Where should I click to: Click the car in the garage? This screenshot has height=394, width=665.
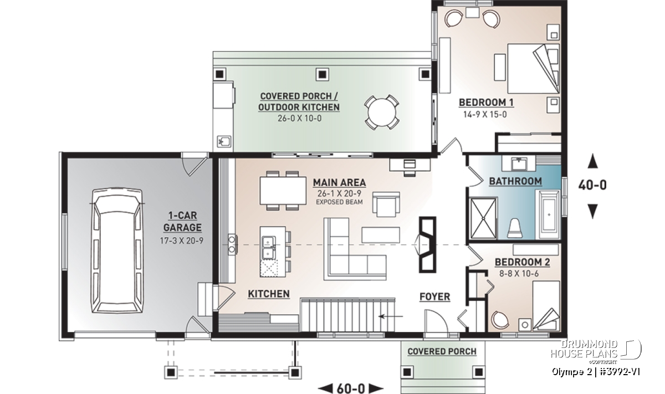(x=117, y=250)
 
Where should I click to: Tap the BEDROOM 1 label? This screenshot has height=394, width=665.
(x=486, y=103)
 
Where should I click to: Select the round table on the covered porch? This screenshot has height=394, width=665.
(x=382, y=112)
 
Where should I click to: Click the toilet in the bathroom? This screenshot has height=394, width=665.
(x=514, y=228)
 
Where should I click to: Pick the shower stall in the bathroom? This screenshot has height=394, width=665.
(x=483, y=218)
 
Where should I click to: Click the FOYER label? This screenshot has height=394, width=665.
(x=434, y=296)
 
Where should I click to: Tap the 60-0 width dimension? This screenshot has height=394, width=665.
(x=351, y=388)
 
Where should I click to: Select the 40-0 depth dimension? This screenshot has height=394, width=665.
(x=592, y=185)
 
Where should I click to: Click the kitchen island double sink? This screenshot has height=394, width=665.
(x=269, y=248)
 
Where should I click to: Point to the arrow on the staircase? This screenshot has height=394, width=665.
(x=391, y=316)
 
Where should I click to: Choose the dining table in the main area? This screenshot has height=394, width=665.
(x=283, y=191)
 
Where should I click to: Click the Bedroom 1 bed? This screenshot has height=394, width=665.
(x=534, y=69)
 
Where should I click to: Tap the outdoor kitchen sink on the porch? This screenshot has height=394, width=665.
(x=224, y=141)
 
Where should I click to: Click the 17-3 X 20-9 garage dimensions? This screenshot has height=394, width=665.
(x=182, y=241)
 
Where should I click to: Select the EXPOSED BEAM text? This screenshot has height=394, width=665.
(x=339, y=202)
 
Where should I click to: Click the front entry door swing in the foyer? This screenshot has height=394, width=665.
(x=436, y=321)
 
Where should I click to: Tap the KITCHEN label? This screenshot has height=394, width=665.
(x=269, y=294)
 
